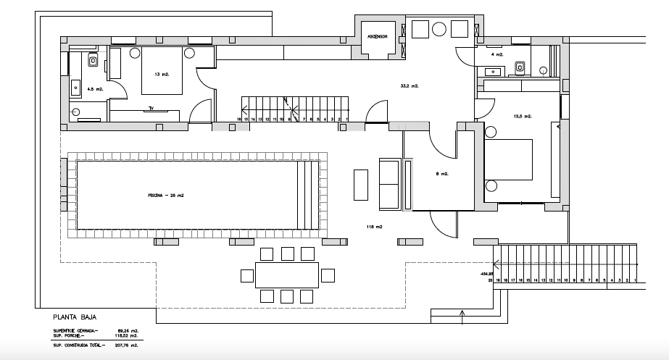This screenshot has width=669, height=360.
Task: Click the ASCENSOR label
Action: pos(379,34)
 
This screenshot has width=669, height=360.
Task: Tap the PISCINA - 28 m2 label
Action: pos(166,196)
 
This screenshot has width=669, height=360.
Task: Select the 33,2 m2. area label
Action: pos(410,85)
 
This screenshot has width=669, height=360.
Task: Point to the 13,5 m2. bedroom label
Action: pos(523,116)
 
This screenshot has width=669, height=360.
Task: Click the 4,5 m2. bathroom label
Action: pos(94,88)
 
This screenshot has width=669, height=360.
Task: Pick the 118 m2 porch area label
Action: pos(374,227)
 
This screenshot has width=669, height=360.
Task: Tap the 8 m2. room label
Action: pos(442,174)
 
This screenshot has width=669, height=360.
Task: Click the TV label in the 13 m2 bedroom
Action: pos(151,109)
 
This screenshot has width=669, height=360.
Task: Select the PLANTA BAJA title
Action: pos(75,317)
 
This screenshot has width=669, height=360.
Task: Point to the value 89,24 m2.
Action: pos(128,330)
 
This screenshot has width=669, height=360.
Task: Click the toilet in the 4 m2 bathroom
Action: pos(519,67)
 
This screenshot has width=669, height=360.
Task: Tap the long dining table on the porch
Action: pos(287,275)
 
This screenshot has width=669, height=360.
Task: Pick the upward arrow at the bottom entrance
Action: pos(462,313)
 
